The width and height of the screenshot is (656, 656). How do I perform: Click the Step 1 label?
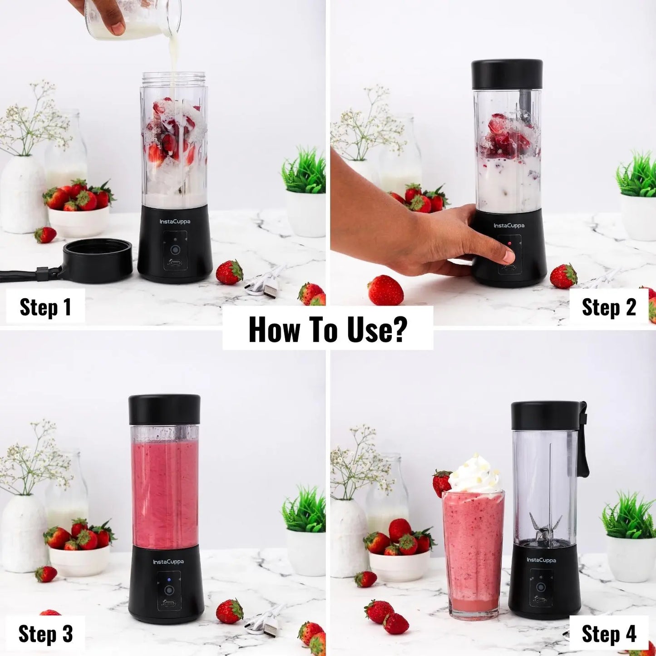(x=45, y=307)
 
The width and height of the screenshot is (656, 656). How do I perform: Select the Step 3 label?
(x=45, y=634)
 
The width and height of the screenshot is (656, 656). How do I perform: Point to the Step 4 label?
(x=609, y=634)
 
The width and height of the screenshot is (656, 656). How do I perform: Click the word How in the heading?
(x=274, y=330)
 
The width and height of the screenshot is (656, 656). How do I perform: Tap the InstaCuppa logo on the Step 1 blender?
(x=175, y=222)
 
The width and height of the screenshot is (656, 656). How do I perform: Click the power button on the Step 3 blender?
(x=169, y=590)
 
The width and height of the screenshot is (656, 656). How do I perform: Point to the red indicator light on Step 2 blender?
(x=510, y=244)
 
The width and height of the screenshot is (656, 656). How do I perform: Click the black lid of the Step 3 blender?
(x=164, y=409)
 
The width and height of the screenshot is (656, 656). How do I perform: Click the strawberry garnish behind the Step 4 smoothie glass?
(x=441, y=482)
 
